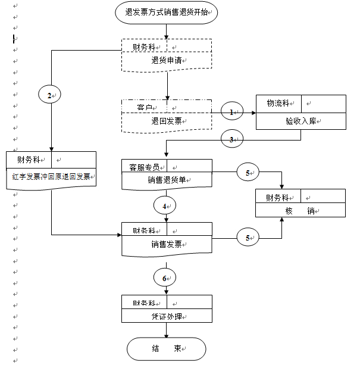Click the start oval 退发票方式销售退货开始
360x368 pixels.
click(x=167, y=12)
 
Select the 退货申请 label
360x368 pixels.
click(x=167, y=61)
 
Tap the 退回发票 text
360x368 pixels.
click(x=167, y=121)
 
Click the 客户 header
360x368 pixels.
click(x=145, y=107)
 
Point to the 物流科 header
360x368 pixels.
click(x=278, y=104)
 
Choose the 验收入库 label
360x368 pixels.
click(x=300, y=121)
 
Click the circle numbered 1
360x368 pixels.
click(x=232, y=111)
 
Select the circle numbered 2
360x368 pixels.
click(x=50, y=93)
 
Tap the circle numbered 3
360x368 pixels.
click(x=232, y=140)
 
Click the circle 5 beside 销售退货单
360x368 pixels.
click(x=248, y=173)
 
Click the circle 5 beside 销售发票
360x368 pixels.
click(x=248, y=238)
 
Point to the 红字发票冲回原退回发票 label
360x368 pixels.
click(x=51, y=177)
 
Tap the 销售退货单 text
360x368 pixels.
click(x=167, y=181)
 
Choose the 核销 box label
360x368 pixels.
click(x=300, y=211)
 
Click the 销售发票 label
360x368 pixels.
click(x=167, y=244)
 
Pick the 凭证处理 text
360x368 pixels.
click(x=167, y=316)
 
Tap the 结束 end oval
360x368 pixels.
click(x=166, y=349)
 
